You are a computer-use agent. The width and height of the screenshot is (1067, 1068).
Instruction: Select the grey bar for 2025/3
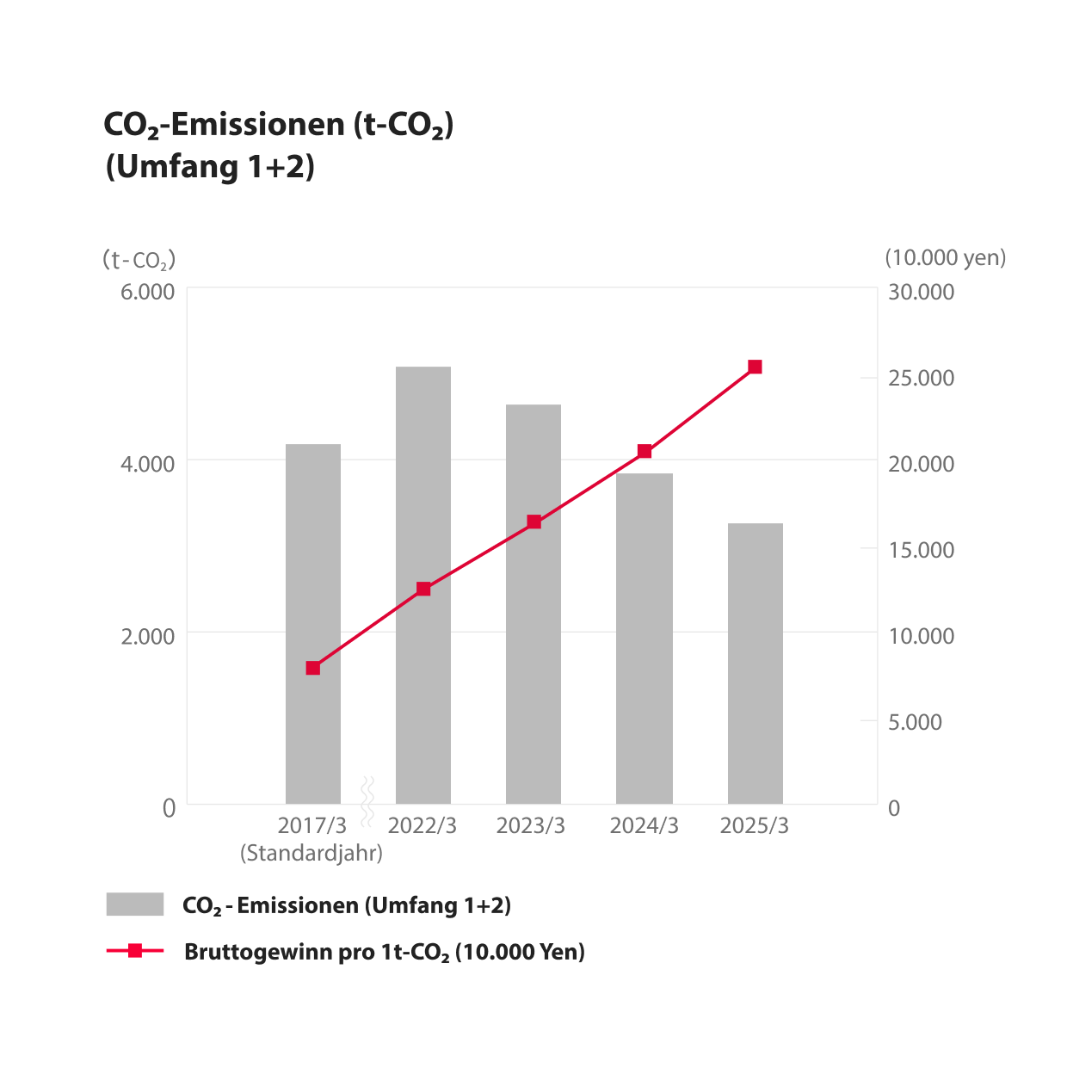(x=755, y=663)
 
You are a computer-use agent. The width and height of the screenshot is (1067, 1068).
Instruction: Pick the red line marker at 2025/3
(x=755, y=367)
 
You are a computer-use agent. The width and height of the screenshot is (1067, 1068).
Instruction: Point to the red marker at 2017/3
(x=313, y=668)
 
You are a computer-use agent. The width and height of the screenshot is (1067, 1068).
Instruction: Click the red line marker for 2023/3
(x=533, y=522)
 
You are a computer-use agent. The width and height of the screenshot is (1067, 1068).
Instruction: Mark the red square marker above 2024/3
(x=645, y=452)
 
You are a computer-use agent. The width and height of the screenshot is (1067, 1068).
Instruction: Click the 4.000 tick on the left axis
(x=148, y=464)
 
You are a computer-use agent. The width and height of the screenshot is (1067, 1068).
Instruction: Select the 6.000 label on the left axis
(x=148, y=292)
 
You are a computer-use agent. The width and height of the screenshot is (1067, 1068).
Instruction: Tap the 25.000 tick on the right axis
(x=921, y=378)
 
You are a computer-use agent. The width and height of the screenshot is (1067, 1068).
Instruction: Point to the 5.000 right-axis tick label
(x=915, y=722)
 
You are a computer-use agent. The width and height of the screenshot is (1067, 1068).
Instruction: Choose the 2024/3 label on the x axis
(x=644, y=826)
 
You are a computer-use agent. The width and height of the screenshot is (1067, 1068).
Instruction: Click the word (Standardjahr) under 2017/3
(x=311, y=853)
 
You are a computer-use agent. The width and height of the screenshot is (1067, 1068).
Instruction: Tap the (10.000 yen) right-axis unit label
(x=945, y=257)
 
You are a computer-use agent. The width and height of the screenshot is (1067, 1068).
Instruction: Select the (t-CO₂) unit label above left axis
(x=139, y=259)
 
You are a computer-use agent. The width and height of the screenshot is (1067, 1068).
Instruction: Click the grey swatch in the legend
(x=135, y=904)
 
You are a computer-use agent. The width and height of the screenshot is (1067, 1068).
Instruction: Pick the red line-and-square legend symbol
(x=135, y=951)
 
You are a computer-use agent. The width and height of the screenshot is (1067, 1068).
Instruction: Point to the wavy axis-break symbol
(x=367, y=800)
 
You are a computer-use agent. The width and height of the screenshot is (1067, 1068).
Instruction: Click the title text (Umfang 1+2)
(x=210, y=166)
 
